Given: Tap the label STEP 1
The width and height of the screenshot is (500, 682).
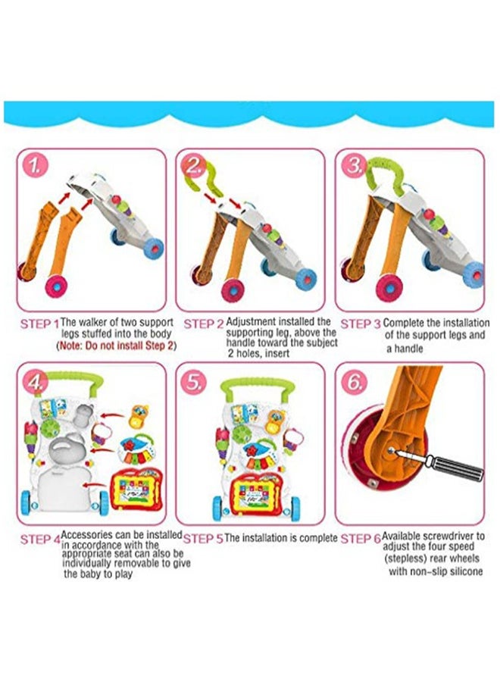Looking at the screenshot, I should (39, 324).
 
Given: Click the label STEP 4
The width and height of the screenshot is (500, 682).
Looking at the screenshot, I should (39, 540).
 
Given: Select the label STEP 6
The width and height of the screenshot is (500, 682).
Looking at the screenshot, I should (360, 539).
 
